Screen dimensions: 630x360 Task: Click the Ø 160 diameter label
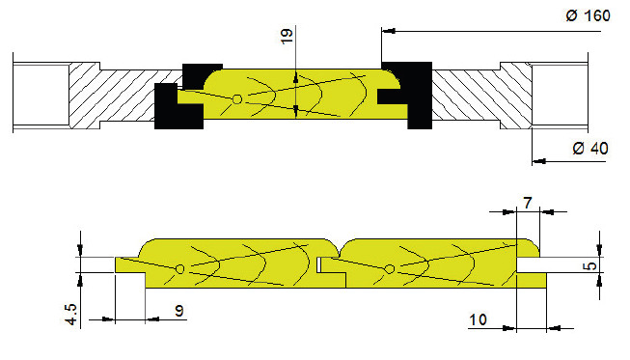(x=589, y=15)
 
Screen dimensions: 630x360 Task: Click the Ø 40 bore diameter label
(x=590, y=149)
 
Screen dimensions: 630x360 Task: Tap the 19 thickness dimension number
(x=287, y=36)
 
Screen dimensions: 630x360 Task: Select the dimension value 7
(x=528, y=203)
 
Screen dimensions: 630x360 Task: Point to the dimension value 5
(x=591, y=266)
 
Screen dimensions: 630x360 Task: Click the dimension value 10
(x=478, y=319)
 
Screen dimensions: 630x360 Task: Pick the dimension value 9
(x=179, y=310)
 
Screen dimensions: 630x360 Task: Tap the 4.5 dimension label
(x=70, y=314)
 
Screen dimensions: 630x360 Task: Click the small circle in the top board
(x=237, y=98)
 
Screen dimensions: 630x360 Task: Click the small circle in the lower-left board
(x=180, y=269)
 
